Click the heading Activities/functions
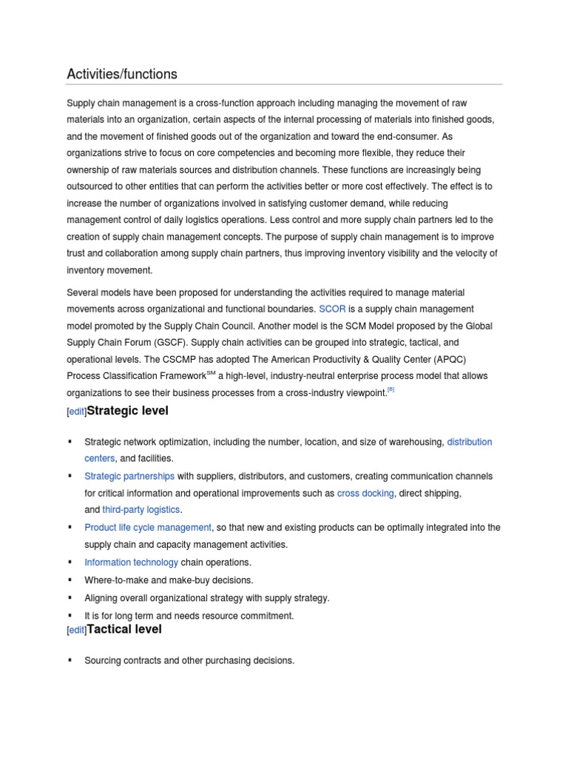tap(122, 74)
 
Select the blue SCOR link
tap(332, 309)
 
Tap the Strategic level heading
tap(128, 411)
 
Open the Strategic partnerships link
tap(129, 476)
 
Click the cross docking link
tap(365, 493)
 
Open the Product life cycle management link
tap(148, 528)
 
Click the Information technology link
tap(131, 563)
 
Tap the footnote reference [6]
tap(391, 391)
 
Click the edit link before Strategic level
tap(76, 412)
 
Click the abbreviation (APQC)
tap(464, 360)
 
